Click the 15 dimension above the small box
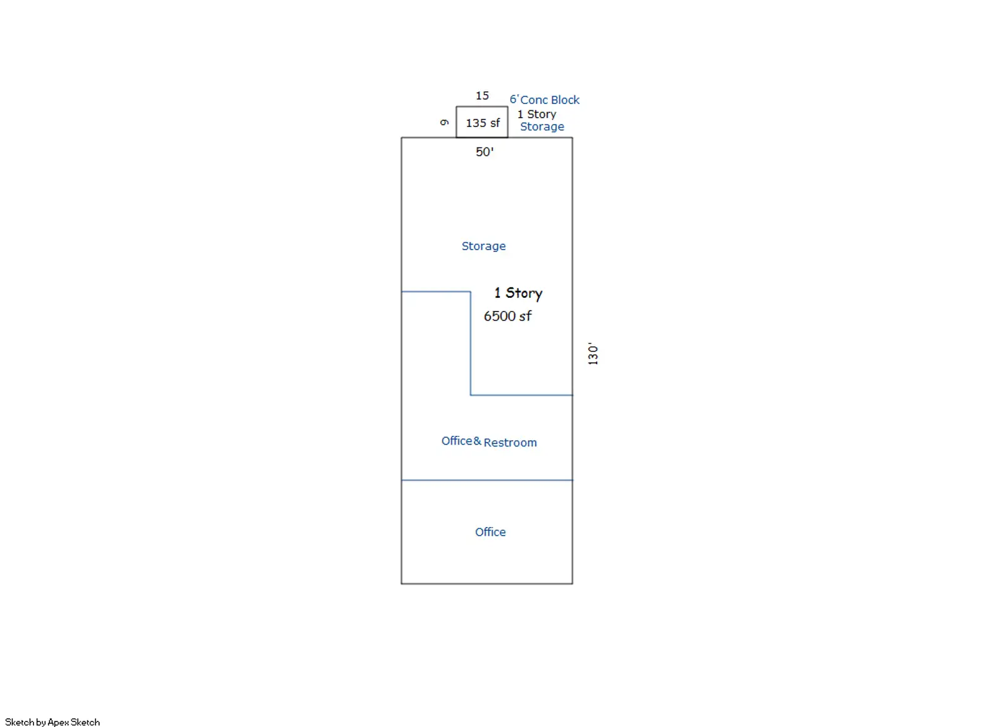click(482, 95)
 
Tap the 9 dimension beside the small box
click(445, 123)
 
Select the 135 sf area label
click(482, 123)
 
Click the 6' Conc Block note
click(544, 100)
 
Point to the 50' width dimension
click(484, 152)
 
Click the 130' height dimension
click(593, 354)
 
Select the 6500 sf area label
click(507, 316)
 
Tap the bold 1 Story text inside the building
click(518, 293)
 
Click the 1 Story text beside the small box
click(536, 114)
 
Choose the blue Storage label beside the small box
click(542, 127)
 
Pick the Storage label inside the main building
click(484, 246)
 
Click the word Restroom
click(510, 443)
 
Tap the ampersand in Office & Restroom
click(478, 441)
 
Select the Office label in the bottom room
click(490, 532)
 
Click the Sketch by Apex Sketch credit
click(52, 721)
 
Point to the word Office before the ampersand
click(457, 441)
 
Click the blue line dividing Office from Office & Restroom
click(487, 480)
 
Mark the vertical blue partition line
click(470, 343)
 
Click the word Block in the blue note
click(565, 100)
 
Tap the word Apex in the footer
click(58, 722)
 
